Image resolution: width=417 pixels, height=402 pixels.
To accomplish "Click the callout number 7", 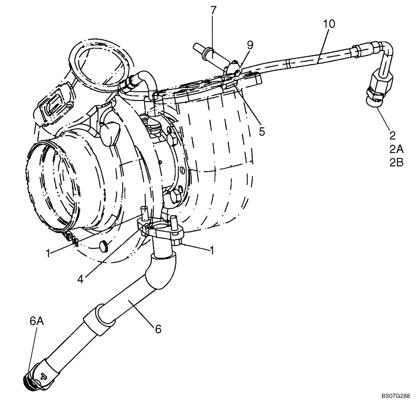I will (x=213, y=10).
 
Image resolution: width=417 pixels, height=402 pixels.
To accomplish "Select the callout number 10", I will (x=329, y=24).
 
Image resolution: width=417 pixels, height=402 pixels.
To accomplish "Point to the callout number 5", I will (x=261, y=131).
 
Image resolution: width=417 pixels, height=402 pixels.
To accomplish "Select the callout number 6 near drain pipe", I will (x=158, y=329).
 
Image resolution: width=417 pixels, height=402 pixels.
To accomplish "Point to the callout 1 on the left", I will (x=50, y=253).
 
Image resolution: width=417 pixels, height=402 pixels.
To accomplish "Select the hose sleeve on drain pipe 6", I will (x=99, y=319).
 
